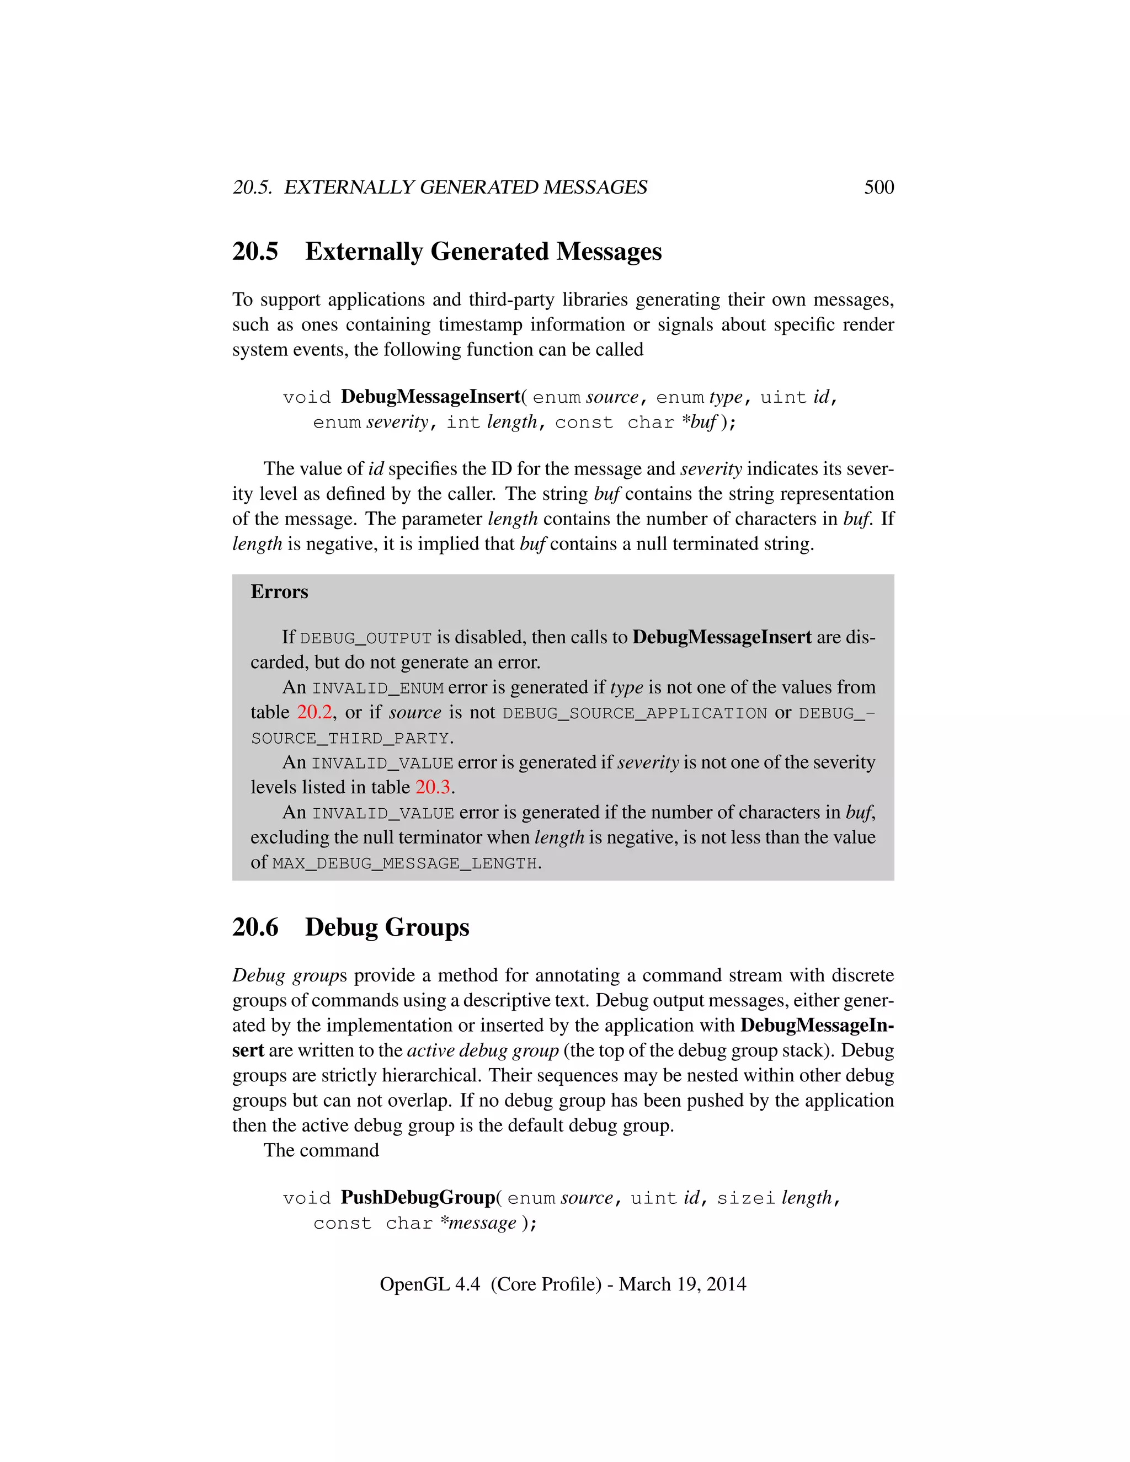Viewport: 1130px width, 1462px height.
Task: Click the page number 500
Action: point(878,187)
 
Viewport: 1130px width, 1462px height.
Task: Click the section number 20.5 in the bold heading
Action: point(255,252)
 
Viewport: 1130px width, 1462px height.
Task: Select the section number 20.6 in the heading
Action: point(255,927)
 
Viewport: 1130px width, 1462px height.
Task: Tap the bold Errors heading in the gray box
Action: point(279,592)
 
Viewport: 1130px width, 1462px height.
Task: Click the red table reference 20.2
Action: point(314,712)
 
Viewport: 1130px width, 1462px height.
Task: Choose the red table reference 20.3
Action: point(433,787)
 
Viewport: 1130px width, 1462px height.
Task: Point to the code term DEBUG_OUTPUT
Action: point(365,638)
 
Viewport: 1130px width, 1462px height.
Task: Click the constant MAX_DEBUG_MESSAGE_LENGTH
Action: point(404,863)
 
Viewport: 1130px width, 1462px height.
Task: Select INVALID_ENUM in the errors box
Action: point(377,688)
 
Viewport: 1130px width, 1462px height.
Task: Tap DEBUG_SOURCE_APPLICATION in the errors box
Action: point(634,713)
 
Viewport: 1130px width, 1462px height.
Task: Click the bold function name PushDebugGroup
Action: point(418,1198)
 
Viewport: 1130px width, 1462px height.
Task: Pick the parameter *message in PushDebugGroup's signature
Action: point(478,1223)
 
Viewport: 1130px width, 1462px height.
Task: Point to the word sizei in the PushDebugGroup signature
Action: point(745,1198)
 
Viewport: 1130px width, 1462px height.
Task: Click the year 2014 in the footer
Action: point(726,1284)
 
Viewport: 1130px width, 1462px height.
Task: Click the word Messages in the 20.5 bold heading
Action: point(609,252)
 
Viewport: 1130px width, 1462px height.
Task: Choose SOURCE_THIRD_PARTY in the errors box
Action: point(349,738)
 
